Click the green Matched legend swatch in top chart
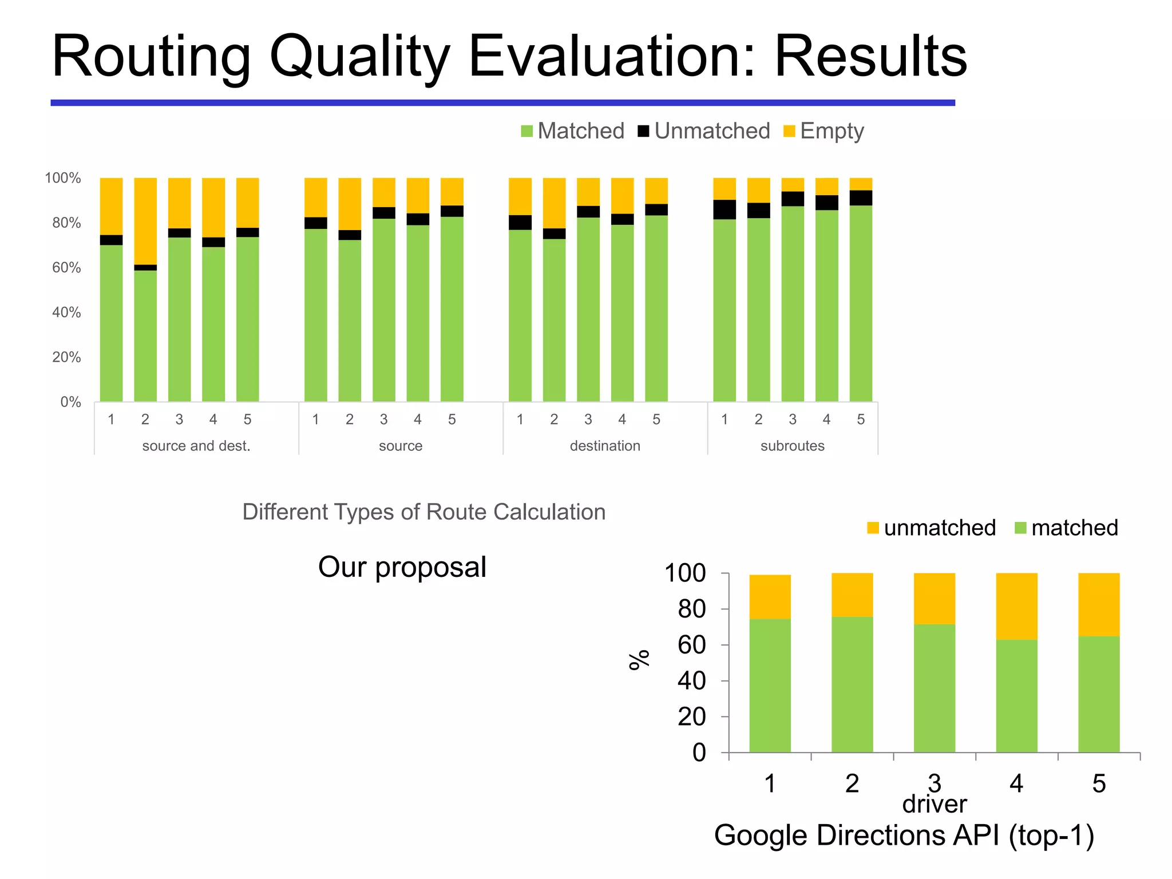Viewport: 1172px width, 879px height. click(x=526, y=131)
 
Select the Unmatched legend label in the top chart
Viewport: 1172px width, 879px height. click(x=712, y=131)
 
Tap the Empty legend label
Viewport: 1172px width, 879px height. click(x=832, y=131)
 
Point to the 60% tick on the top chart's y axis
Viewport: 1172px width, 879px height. click(x=66, y=268)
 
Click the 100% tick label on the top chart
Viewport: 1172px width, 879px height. click(x=63, y=178)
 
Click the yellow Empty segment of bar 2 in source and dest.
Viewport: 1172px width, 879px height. click(x=145, y=220)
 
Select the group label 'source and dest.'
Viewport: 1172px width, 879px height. click(x=196, y=446)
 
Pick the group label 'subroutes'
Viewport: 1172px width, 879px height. click(x=793, y=446)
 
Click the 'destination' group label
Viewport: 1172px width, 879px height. click(x=605, y=446)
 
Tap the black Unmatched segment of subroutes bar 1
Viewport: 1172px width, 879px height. click(x=724, y=209)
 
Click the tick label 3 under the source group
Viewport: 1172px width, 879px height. click(x=383, y=419)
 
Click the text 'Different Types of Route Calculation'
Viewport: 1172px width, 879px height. click(x=423, y=512)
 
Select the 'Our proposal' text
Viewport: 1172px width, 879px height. click(x=402, y=567)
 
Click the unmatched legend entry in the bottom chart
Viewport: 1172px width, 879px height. click(x=939, y=528)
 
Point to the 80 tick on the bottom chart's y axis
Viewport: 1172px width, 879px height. click(x=692, y=609)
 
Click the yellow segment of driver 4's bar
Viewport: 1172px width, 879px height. click(x=1016, y=605)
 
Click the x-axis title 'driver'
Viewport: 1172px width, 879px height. click(x=934, y=805)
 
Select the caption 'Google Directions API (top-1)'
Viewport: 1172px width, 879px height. click(x=904, y=836)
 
